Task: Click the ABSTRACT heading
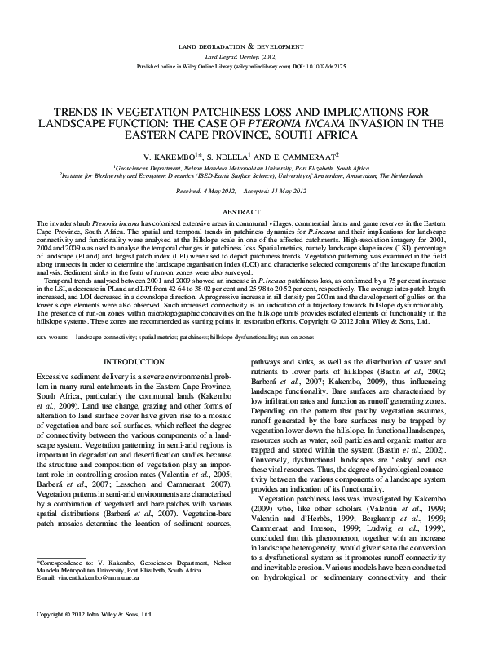coord(242,210)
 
